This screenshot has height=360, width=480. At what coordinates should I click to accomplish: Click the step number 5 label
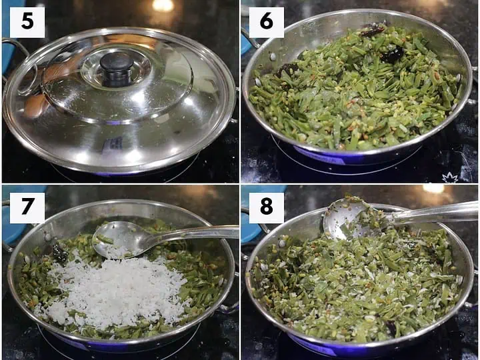27,22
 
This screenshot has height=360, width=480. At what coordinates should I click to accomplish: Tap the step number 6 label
266,22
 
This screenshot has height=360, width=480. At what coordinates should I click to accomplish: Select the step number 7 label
27,207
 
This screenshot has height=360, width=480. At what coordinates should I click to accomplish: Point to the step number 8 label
266,207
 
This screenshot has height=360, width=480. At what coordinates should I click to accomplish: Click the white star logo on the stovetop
450,177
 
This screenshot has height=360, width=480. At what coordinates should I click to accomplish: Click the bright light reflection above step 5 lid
163,5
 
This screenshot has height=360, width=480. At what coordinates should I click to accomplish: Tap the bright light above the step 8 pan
433,189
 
